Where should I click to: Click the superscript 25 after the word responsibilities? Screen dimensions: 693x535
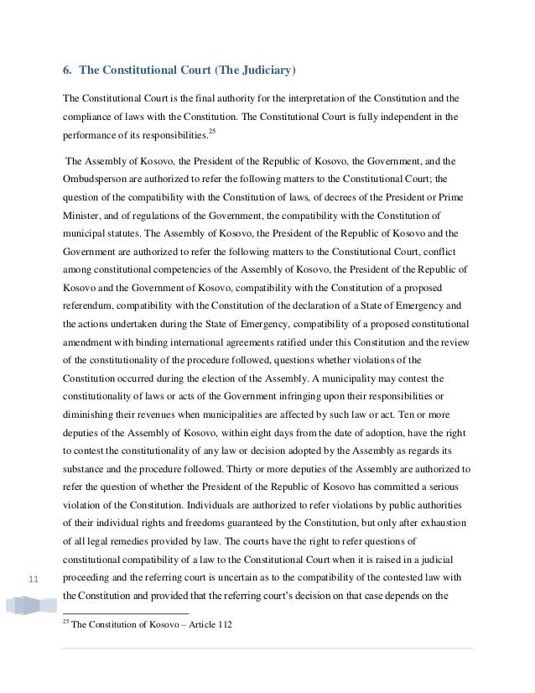tap(211, 131)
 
